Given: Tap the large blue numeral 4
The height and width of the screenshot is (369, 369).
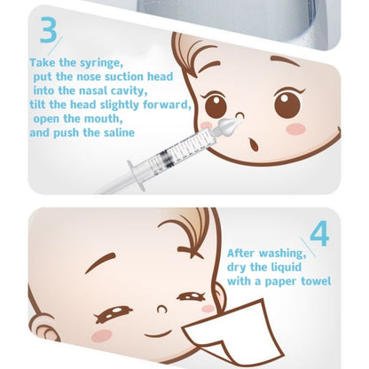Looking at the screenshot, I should (320, 233).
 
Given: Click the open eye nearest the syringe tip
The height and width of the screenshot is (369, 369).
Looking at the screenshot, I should (216, 106).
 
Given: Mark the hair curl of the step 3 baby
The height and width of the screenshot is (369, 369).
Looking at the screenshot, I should (191, 48).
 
